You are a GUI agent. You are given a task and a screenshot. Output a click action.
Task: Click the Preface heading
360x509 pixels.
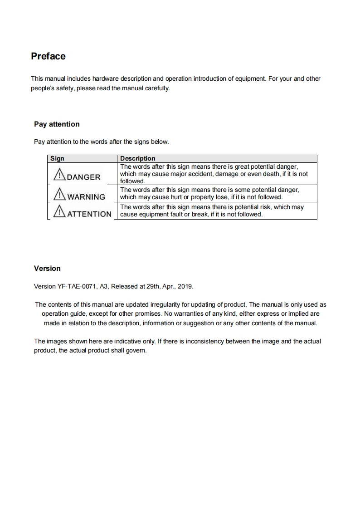[48, 56]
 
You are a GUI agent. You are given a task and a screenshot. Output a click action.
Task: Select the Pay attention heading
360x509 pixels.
[57, 124]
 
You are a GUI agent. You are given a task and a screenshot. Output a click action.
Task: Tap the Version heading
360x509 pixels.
[47, 269]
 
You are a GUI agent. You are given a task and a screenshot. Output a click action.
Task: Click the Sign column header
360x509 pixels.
[57, 159]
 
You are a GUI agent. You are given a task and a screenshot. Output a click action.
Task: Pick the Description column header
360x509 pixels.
[137, 159]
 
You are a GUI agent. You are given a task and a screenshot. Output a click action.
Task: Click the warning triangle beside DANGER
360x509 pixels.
[59, 175]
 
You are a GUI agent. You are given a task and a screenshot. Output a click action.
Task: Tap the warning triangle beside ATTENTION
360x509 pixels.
[59, 212]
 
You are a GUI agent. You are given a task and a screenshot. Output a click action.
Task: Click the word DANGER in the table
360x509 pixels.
[83, 177]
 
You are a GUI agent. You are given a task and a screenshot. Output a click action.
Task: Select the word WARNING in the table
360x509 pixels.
[86, 197]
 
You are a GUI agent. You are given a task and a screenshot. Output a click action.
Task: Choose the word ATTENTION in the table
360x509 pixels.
[89, 214]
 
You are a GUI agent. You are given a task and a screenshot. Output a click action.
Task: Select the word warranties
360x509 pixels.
[195, 313]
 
